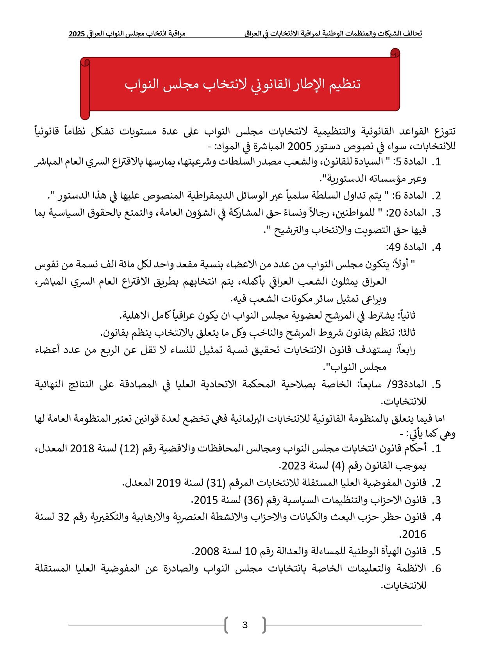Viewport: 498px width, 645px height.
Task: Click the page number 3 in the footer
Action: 245,625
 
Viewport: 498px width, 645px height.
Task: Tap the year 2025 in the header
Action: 77,34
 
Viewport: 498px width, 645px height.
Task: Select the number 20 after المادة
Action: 394,213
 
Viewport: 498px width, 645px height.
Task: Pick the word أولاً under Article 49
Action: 400,265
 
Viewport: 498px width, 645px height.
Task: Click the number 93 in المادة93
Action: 397,385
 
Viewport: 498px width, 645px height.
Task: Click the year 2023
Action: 293,466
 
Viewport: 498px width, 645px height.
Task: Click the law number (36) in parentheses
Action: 253,500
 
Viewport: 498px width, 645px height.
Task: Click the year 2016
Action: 414,534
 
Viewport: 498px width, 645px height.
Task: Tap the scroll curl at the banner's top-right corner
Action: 395,52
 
